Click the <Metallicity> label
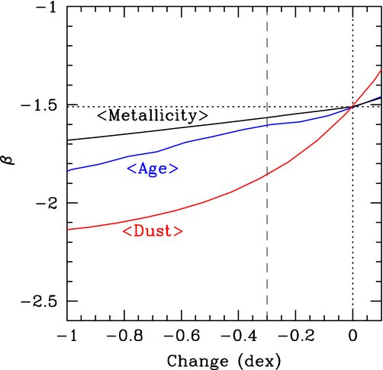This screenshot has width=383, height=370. tap(153, 115)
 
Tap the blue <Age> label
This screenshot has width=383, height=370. tap(153, 169)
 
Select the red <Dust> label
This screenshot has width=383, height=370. tap(153, 230)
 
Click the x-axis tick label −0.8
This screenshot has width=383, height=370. tap(124, 336)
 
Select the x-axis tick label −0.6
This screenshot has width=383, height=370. tap(182, 336)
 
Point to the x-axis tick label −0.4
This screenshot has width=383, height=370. tap(239, 336)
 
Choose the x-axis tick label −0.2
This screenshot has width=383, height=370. tap(296, 336)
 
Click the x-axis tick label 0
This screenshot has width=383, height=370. tap(352, 336)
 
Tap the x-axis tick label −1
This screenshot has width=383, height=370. tap(66, 336)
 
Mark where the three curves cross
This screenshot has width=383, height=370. tap(352, 108)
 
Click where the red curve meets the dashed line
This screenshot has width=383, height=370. tap(267, 175)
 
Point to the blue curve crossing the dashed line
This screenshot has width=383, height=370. tap(267, 125)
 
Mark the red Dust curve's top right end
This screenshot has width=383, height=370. tap(381, 69)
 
